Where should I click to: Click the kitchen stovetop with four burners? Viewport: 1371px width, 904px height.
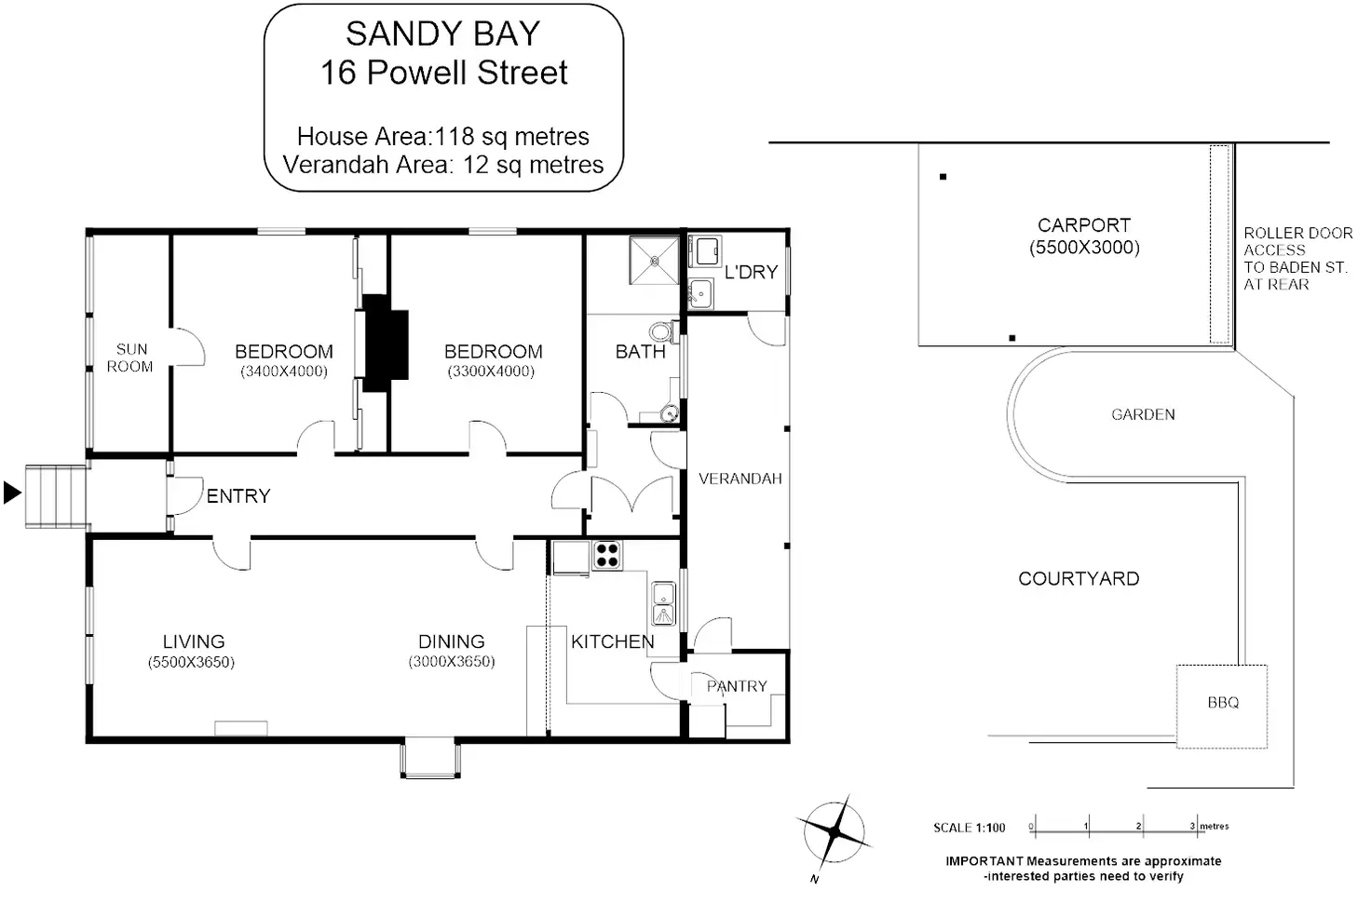click(606, 556)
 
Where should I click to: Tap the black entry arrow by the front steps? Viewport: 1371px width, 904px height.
click(12, 492)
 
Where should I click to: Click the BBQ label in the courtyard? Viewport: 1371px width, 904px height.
click(1223, 702)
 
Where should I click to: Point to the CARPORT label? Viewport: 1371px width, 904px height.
click(1084, 225)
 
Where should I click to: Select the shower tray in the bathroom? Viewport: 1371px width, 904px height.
click(654, 261)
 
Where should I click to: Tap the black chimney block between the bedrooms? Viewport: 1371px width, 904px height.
click(385, 344)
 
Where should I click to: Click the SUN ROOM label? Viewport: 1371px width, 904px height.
click(130, 358)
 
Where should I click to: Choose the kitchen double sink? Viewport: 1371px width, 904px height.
click(664, 603)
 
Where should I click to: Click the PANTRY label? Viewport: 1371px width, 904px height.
click(737, 686)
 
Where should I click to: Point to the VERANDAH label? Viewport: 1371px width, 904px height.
click(740, 479)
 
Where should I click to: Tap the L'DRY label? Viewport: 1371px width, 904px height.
click(751, 272)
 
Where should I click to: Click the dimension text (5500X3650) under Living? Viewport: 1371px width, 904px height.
click(191, 662)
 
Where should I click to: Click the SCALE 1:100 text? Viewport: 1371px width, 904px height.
click(970, 828)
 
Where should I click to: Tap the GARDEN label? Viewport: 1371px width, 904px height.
click(1143, 414)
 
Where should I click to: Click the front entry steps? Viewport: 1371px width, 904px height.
click(56, 496)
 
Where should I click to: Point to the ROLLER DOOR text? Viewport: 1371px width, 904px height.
click(1298, 233)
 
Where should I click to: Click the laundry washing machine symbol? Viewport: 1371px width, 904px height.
click(706, 251)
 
